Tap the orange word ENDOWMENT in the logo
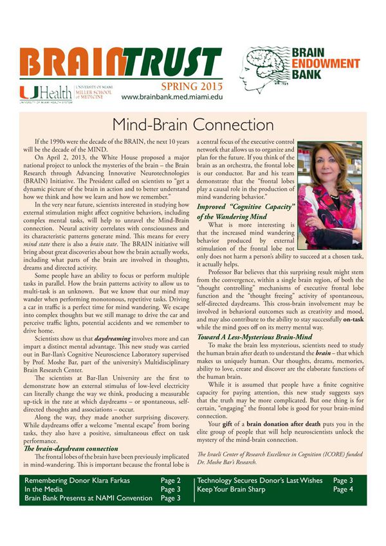(326, 64)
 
